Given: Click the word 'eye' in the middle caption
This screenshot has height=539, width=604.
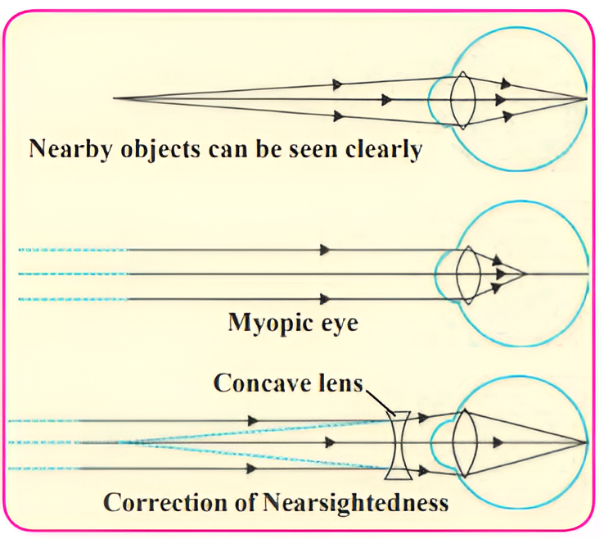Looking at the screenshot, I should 336,324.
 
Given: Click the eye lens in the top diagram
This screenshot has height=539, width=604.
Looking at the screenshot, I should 462,100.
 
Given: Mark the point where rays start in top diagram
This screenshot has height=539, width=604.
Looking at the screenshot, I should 115,98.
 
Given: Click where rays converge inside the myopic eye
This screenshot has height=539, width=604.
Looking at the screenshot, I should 524,273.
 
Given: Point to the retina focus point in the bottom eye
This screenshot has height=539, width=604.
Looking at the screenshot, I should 586,443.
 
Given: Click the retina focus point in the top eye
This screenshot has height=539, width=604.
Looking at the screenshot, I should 586,99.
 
